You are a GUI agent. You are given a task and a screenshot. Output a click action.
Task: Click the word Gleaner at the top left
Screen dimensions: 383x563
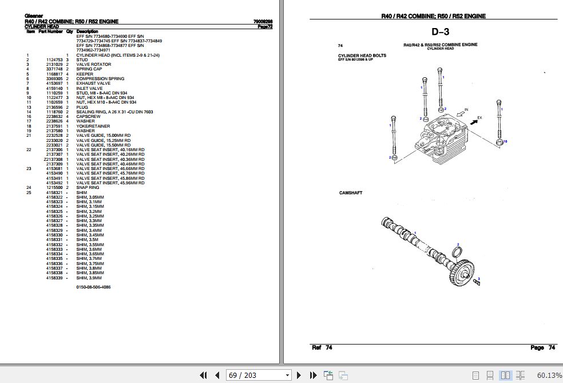point(34,16)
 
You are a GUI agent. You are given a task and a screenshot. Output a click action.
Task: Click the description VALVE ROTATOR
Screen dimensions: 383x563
point(93,65)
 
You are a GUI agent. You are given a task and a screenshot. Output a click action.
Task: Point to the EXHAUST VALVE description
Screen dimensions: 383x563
point(93,84)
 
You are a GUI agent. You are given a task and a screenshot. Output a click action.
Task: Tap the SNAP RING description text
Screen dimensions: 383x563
point(88,188)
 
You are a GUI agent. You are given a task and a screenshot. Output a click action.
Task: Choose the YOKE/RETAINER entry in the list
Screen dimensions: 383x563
point(93,126)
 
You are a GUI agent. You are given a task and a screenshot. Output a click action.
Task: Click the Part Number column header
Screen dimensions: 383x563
point(50,31)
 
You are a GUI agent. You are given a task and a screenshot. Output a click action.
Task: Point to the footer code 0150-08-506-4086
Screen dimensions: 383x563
point(93,287)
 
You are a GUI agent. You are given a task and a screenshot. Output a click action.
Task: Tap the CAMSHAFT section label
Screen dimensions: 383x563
point(351,193)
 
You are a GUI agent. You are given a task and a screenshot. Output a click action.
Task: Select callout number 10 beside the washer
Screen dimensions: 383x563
point(505,141)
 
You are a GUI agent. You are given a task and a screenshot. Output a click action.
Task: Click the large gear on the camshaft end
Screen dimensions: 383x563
point(461,267)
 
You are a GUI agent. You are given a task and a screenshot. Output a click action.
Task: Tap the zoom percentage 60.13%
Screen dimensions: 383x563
point(549,376)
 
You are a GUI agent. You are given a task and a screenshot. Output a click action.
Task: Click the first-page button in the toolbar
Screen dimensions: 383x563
point(203,376)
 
